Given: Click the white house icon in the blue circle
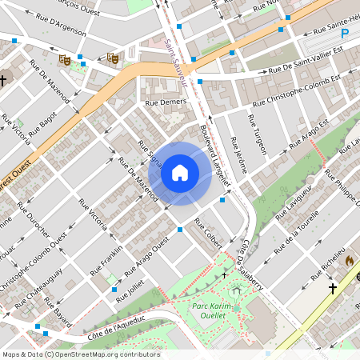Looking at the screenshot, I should pyautogui.click(x=180, y=172).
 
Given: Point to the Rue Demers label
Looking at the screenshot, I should pyautogui.click(x=165, y=102).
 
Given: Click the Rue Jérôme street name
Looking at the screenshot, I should pyautogui.click(x=238, y=155).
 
